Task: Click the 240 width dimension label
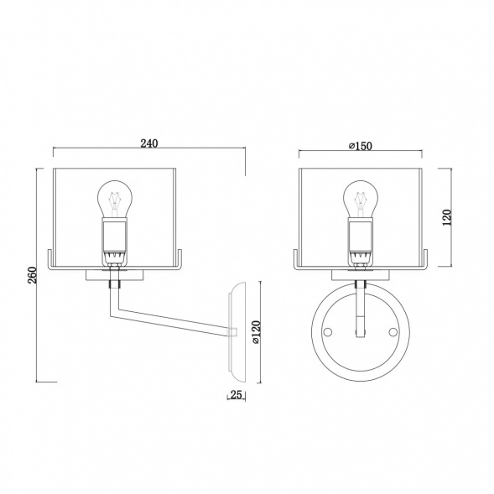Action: (149, 143)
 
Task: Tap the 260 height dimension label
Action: (33, 275)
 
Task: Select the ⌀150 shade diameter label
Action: (361, 146)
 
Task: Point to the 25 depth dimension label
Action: (236, 394)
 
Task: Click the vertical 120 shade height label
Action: (447, 217)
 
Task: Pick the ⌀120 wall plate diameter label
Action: (256, 332)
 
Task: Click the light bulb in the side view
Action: (115, 199)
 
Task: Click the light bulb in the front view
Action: (361, 199)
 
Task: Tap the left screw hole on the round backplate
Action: (328, 332)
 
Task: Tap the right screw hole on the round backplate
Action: (393, 332)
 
